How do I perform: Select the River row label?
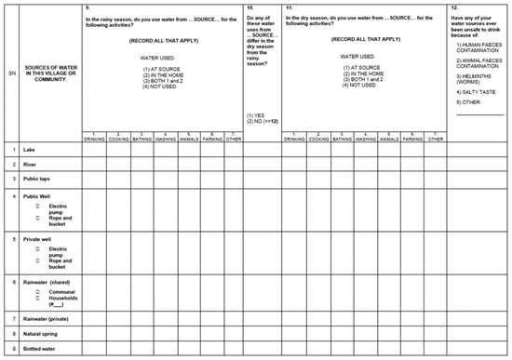coord(31,164)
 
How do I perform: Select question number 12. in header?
coord(453,7)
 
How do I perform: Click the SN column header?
coord(10,71)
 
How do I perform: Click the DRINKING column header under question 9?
coord(93,139)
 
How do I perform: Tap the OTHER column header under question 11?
coord(434,139)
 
